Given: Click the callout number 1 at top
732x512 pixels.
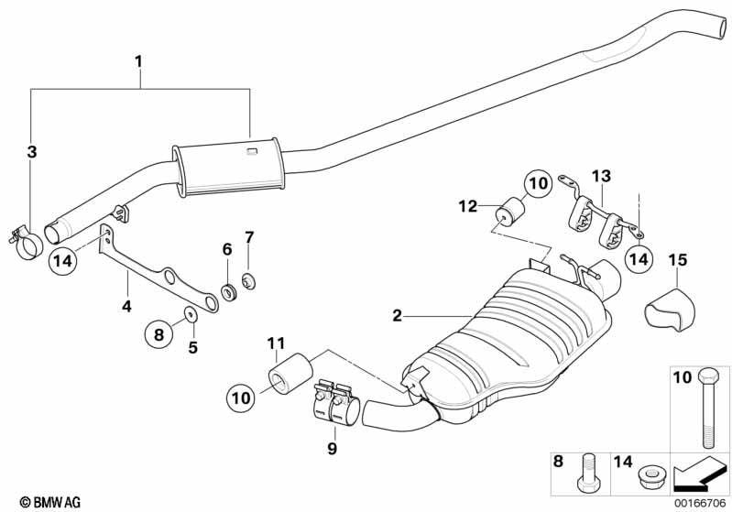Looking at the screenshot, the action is pos(138,61).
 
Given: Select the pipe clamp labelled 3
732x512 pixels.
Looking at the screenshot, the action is pos(25,242).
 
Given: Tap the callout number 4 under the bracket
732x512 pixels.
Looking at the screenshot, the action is pos(126,307).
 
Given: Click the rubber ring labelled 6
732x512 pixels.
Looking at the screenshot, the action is pos(229,293).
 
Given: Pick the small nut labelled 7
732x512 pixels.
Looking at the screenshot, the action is pos(249,281).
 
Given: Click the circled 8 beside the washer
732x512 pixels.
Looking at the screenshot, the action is pos(159,334).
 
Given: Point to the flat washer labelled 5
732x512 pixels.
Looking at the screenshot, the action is pos(191,315).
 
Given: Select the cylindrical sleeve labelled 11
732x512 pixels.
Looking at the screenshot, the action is pos(290,374).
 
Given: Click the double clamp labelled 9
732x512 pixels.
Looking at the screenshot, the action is pos(334,403).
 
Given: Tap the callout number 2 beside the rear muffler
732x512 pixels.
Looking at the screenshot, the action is pos(397,316).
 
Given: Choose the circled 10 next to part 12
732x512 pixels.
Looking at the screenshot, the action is pos(538,183).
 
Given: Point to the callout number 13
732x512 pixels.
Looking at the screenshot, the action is pos(602,177).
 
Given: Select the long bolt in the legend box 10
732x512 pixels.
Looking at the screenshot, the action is pos(706,409).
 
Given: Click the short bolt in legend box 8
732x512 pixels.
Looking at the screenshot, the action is pos(586,474).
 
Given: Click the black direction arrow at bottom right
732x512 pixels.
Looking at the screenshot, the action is pos(699,473).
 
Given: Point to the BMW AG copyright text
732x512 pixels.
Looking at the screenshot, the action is pos(50,502).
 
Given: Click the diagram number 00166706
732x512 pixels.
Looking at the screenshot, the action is pos(700,503).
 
